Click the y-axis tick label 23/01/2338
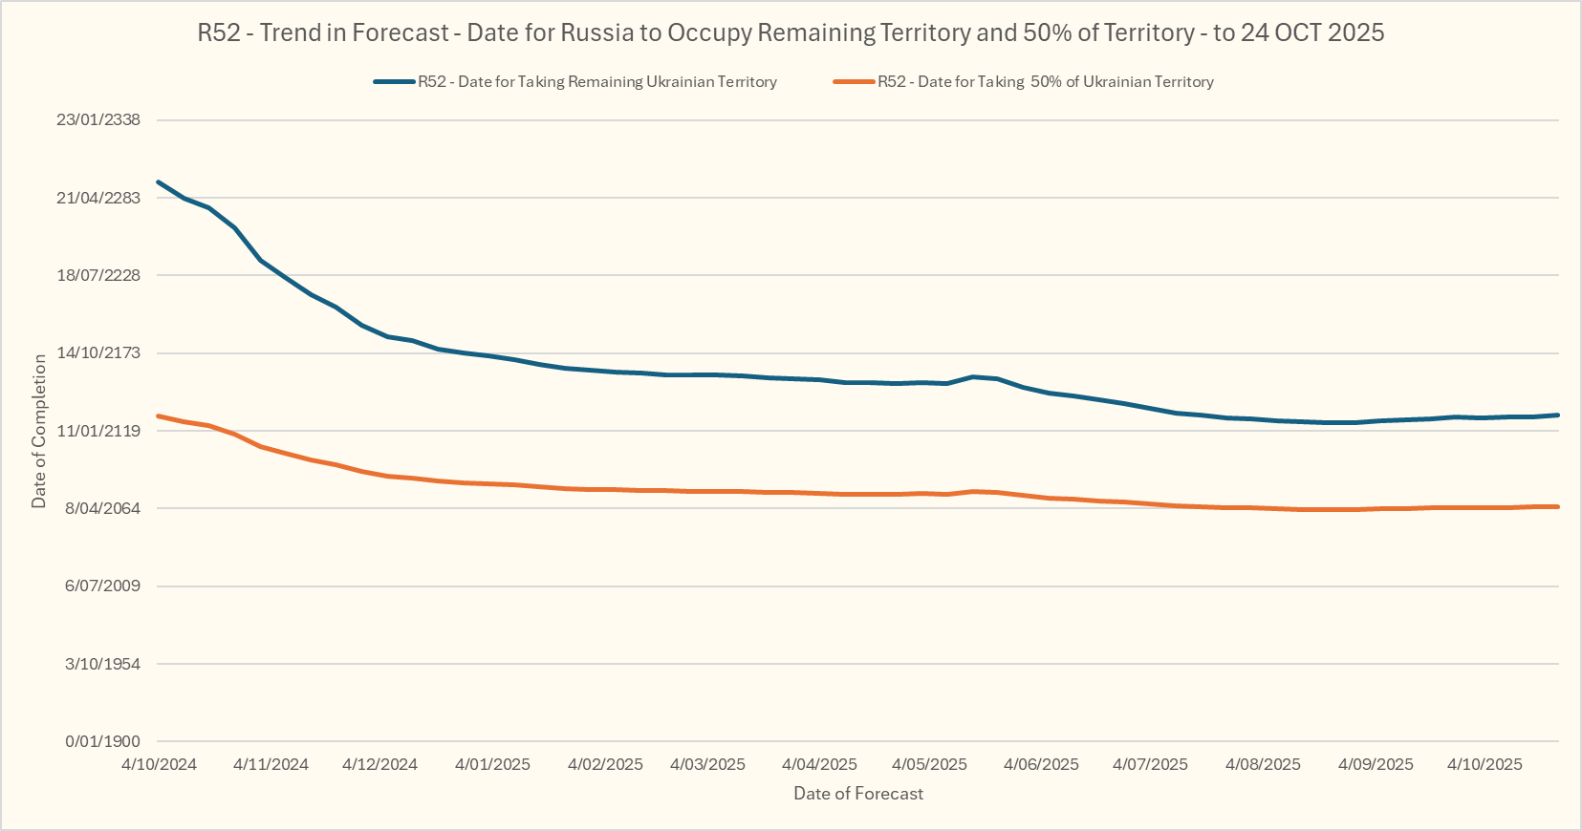98,120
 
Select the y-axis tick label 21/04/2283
98,198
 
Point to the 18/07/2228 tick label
98,275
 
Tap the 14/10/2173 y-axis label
98,352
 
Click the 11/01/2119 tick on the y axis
98,431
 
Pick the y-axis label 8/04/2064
102,508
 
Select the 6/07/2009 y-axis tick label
102,586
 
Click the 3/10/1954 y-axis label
102,664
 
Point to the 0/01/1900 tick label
102,741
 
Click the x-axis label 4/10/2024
159,764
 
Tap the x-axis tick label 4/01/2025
492,764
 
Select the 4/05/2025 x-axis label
929,764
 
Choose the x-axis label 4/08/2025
1263,764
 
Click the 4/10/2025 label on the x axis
1484,764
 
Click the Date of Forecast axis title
858,794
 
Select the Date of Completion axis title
39,431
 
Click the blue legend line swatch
394,82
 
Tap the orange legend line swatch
855,82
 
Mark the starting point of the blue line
159,181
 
